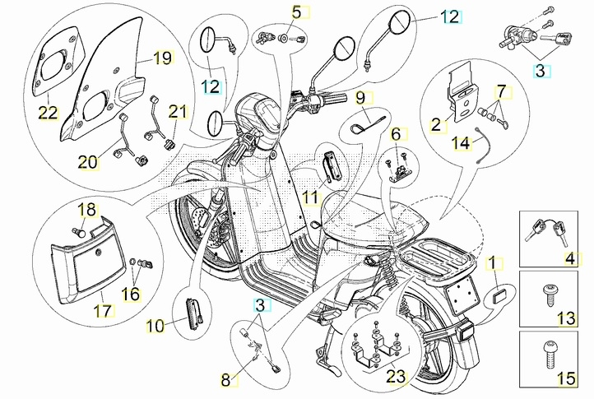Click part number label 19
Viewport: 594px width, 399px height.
tap(161, 58)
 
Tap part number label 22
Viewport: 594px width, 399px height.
tap(48, 113)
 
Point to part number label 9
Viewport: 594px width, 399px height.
tap(360, 98)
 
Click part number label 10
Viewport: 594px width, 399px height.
tap(155, 326)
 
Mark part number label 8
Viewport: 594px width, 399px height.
tap(226, 380)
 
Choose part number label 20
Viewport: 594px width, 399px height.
tap(88, 162)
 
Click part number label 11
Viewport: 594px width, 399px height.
tap(309, 197)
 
